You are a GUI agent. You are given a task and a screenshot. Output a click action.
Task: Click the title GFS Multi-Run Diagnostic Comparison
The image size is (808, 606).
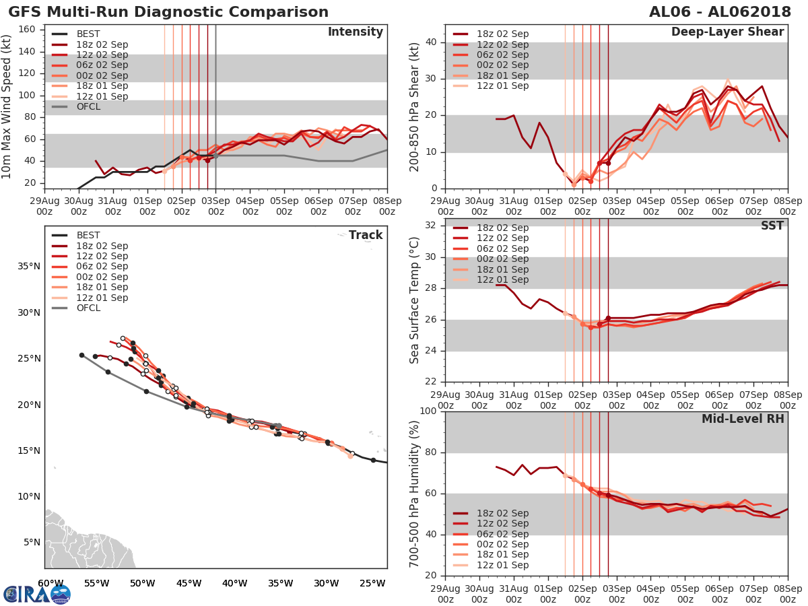click(x=168, y=12)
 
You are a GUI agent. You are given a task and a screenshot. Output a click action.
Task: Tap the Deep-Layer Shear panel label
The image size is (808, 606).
click(x=727, y=32)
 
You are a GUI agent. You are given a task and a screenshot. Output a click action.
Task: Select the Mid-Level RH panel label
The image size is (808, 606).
click(x=743, y=419)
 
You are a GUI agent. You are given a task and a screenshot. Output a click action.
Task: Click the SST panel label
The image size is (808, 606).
click(x=772, y=226)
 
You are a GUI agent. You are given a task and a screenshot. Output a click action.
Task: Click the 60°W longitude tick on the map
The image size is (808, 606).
click(x=50, y=583)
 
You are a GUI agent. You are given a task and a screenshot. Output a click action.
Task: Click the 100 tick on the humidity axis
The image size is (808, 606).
click(x=426, y=411)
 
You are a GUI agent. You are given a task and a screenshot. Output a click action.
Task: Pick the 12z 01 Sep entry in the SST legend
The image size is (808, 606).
click(x=502, y=279)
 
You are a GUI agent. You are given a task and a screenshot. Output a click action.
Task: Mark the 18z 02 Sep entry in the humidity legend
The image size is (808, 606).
click(x=502, y=513)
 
